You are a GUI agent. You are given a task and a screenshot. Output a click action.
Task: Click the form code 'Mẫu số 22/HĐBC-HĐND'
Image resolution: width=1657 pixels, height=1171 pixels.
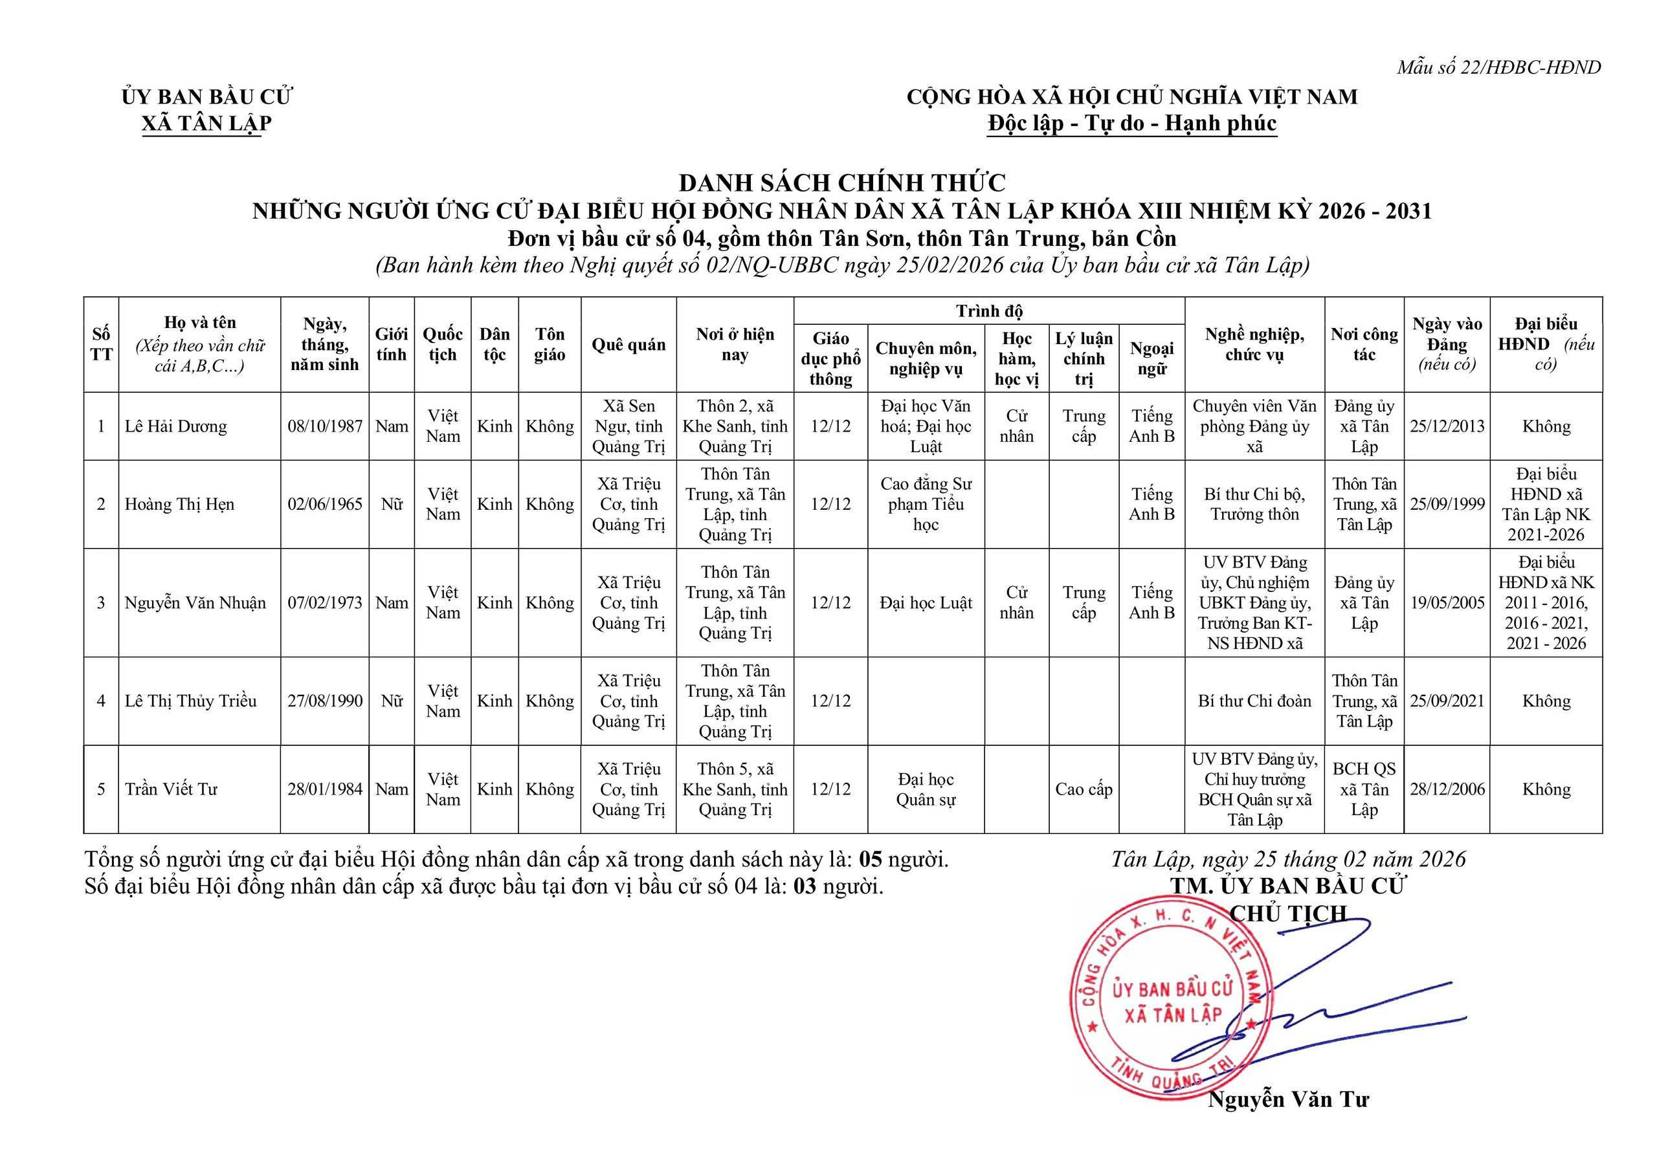pos(1498,68)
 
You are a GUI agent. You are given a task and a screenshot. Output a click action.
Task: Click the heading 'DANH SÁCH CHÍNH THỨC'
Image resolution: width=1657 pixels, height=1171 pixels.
pos(841,182)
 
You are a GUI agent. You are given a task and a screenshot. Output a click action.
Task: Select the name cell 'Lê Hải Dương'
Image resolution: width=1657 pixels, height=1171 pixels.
pos(176,426)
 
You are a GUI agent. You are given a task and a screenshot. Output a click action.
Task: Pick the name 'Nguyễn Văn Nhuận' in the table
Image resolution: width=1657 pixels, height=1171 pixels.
pos(195,602)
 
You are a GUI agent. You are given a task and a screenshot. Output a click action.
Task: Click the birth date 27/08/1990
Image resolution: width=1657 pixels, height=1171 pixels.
pos(325,701)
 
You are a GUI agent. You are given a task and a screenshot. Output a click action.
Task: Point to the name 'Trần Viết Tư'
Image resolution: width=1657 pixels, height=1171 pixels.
pos(171,789)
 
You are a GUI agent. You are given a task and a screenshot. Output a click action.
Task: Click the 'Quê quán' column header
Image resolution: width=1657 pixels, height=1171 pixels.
pos(628,345)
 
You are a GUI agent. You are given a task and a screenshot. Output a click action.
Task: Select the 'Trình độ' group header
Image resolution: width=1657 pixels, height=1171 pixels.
pos(989,312)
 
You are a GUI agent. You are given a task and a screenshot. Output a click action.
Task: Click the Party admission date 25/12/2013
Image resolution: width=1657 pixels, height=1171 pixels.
pos(1447,426)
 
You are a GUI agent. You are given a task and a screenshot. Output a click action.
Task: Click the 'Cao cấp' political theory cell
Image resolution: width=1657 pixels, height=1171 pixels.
pos(1084,789)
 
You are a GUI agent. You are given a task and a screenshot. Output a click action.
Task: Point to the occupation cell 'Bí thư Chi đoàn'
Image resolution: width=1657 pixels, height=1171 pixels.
pos(1254,701)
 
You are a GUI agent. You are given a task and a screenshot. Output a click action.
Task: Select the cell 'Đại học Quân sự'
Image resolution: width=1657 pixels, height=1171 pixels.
pos(926,789)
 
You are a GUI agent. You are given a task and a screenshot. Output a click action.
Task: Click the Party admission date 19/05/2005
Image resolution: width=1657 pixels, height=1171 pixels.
pos(1447,602)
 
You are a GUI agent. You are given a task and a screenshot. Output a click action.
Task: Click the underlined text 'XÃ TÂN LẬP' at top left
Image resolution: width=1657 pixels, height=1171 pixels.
pos(206,124)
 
